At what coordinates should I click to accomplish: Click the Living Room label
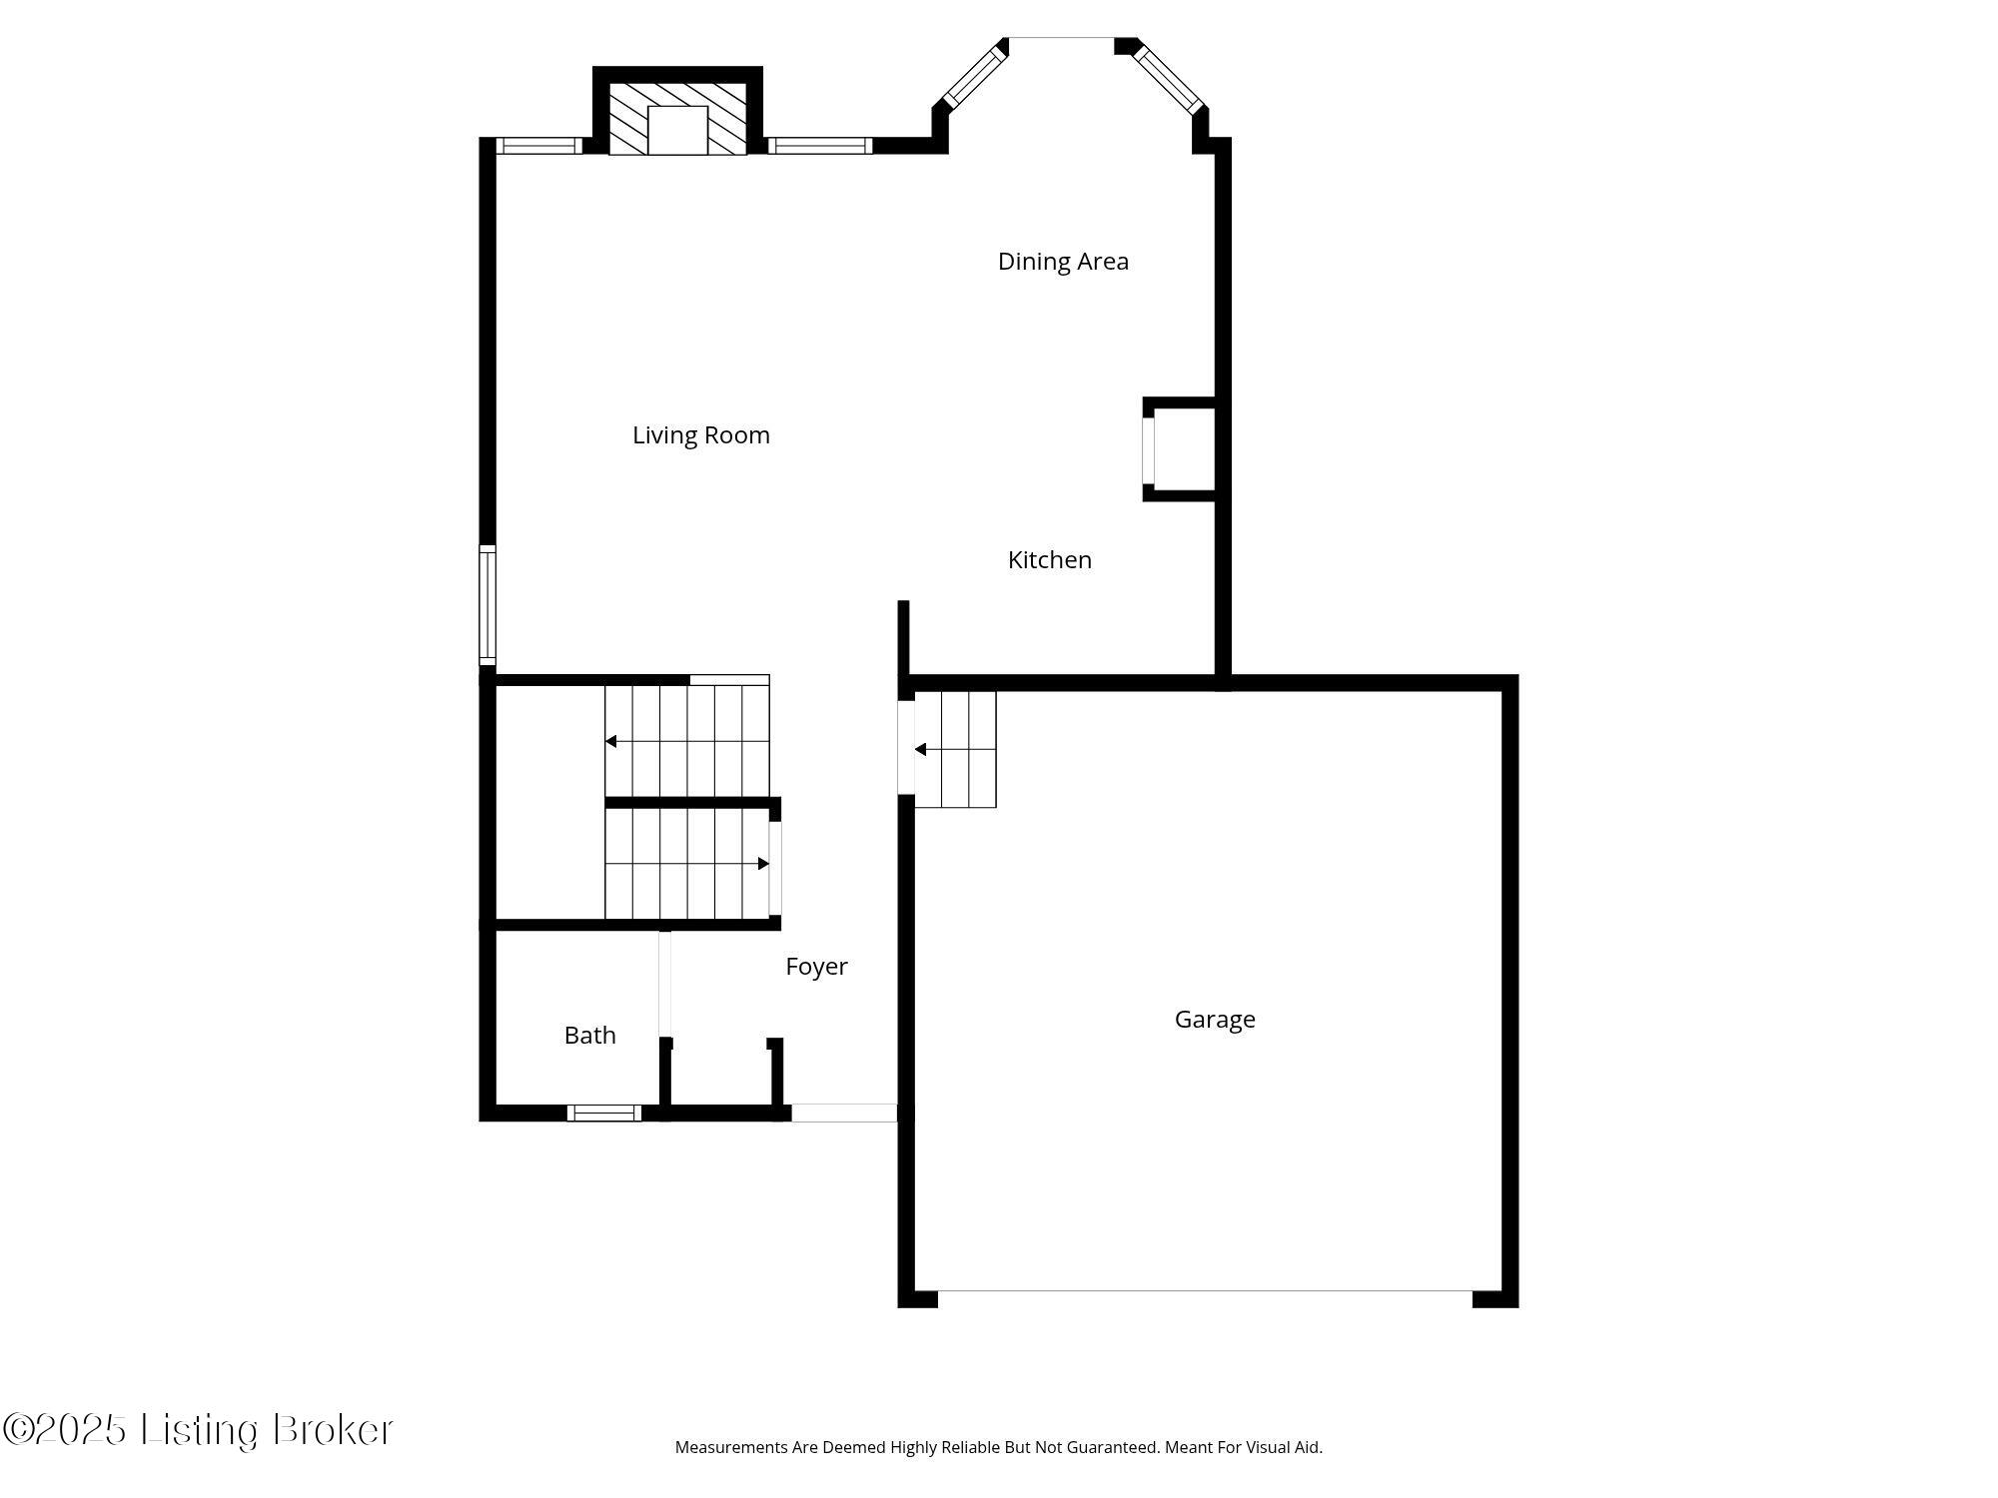(700, 435)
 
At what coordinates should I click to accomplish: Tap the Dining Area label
(1063, 262)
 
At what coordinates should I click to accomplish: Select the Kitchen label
(1049, 560)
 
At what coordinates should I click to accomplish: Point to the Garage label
(1214, 1020)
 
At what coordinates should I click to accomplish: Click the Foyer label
(816, 967)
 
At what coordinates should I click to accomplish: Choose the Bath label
(589, 1036)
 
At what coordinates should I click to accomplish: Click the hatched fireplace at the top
(677, 119)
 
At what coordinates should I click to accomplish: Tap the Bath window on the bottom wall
(604, 1113)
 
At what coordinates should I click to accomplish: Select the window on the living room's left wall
(488, 605)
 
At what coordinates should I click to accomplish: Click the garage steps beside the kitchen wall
(955, 749)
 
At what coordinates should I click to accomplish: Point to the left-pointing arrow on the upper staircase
(611, 741)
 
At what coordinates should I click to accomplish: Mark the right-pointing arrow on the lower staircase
(763, 864)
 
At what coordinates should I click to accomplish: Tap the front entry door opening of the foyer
(844, 1113)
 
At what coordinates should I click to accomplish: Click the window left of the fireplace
(539, 146)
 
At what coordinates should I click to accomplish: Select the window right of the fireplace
(820, 146)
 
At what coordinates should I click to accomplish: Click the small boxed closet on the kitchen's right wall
(1180, 449)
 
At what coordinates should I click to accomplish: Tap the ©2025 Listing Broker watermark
(198, 1430)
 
